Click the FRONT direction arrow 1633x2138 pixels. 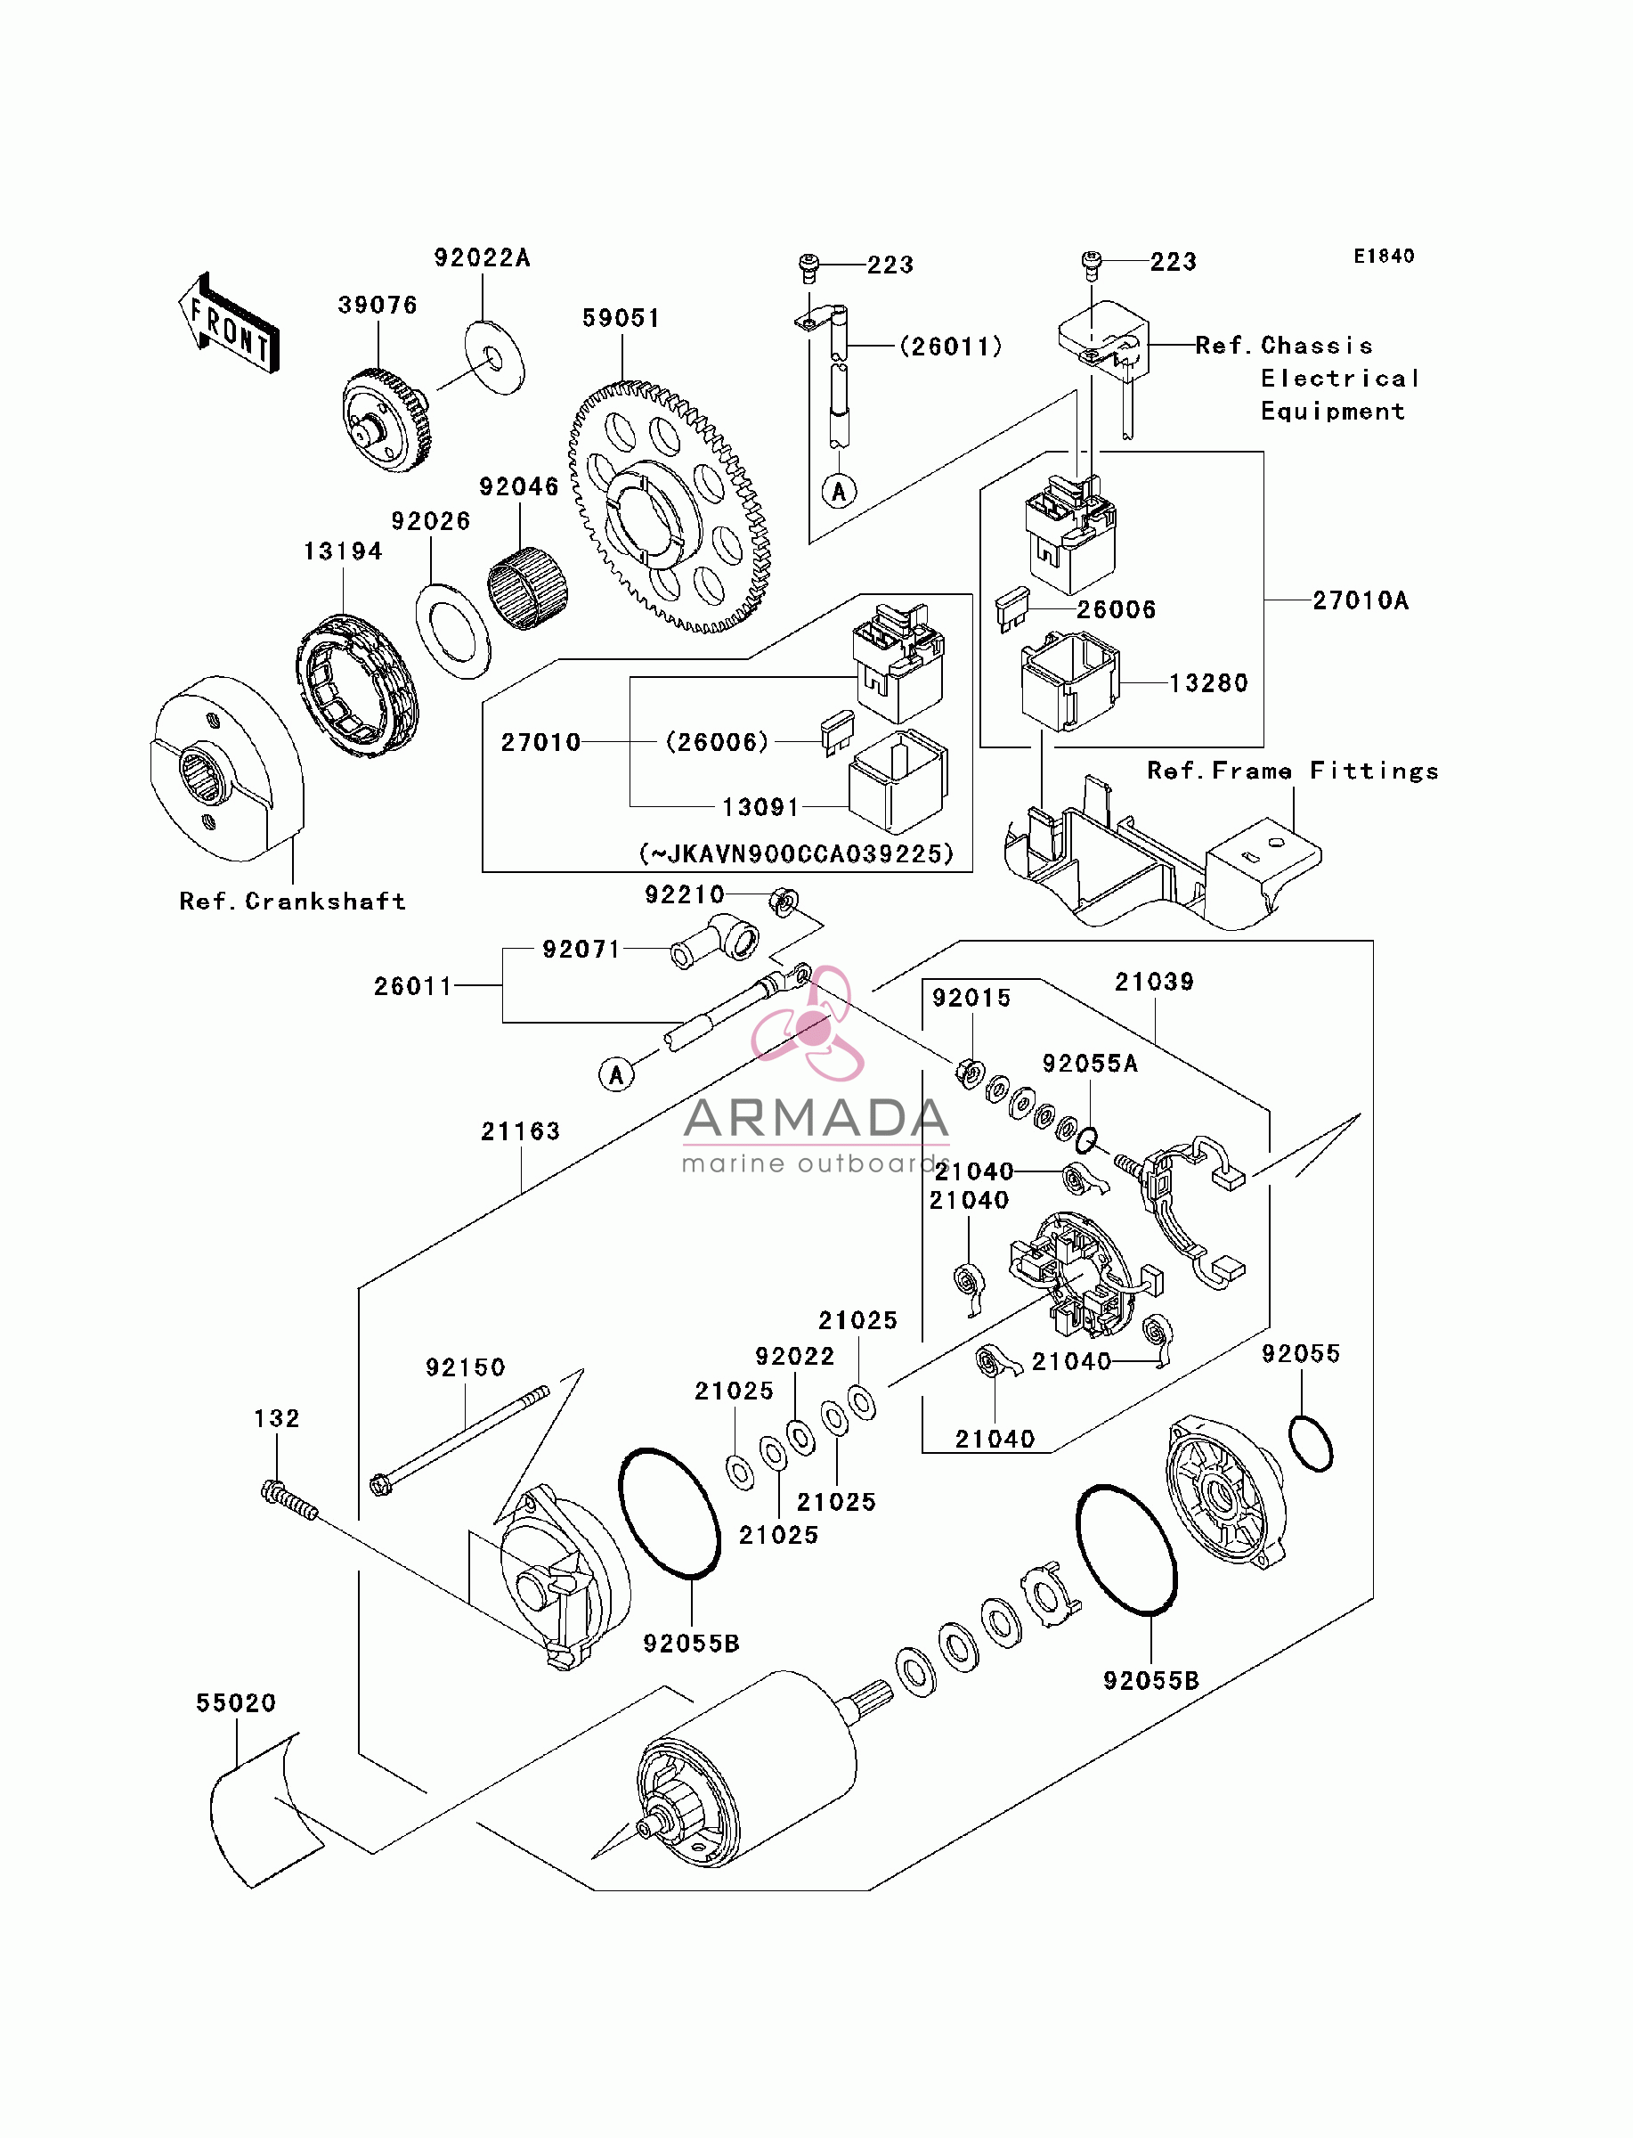coord(230,323)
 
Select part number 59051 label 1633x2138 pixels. coord(622,318)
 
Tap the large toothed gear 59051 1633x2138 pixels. coord(670,507)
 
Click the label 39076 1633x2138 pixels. coord(378,306)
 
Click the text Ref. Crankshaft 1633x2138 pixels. coord(293,902)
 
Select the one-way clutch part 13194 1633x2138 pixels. coord(357,685)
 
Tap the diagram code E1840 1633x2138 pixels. coord(1385,256)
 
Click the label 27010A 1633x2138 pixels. coord(1361,600)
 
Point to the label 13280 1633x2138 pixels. coord(1208,683)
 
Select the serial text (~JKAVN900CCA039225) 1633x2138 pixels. coord(796,853)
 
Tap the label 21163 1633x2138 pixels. coord(521,1131)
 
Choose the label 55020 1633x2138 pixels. coord(236,1703)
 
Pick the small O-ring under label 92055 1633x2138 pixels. coord(1311,1443)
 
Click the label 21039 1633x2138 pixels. coord(1155,982)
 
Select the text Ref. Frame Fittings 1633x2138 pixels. coord(1293,771)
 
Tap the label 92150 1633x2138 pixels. coord(466,1368)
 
